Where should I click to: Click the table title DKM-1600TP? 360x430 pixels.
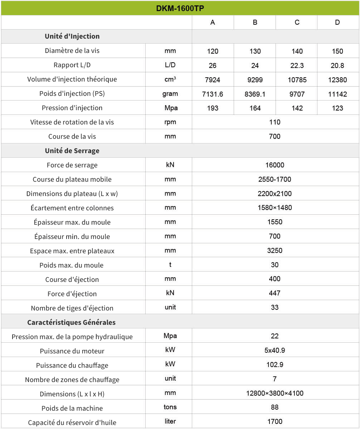tap(180, 8)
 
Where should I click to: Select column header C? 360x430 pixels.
tap(297, 23)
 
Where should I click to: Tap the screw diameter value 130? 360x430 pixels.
tap(255, 51)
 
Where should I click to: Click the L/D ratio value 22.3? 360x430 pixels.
tap(297, 65)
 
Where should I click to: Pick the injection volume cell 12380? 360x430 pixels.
tap(337, 80)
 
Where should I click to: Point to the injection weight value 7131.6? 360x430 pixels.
tap(213, 94)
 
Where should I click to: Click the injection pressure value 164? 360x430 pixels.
tap(255, 108)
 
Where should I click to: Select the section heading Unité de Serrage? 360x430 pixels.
tap(72, 151)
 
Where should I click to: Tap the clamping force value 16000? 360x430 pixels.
tap(274, 165)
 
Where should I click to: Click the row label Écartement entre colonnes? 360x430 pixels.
tap(72, 208)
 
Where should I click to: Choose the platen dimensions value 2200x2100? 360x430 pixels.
tap(274, 194)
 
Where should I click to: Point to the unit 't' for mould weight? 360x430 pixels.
tap(170, 265)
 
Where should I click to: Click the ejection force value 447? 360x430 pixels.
tap(274, 293)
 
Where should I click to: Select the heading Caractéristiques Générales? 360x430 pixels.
tap(72, 322)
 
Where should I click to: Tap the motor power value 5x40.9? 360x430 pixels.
tap(274, 350)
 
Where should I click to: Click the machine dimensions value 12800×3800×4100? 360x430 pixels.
tap(274, 393)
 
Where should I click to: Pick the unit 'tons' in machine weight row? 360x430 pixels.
tap(170, 407)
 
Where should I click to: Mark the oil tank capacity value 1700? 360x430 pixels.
tap(274, 421)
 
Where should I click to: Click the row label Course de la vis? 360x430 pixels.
tap(72, 136)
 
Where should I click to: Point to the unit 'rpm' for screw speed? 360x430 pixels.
tap(170, 122)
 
